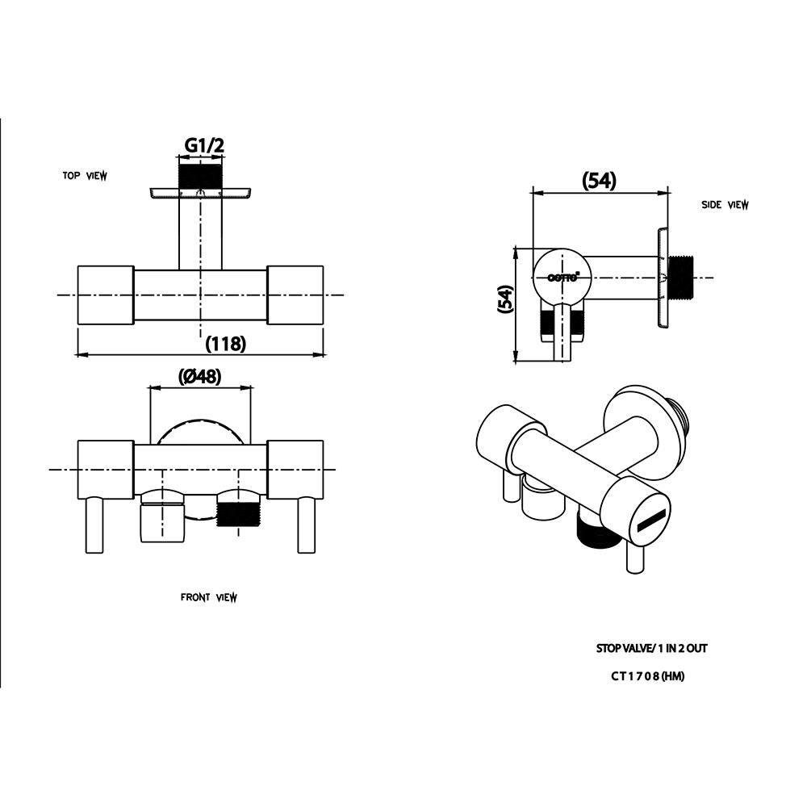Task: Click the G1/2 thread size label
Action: click(x=203, y=145)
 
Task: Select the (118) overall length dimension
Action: click(x=225, y=344)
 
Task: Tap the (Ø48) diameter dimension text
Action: click(x=199, y=377)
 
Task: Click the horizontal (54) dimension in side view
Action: click(x=599, y=182)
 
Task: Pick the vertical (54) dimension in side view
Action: click(x=504, y=299)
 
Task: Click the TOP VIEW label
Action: click(x=85, y=176)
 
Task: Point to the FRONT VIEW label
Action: click(x=208, y=598)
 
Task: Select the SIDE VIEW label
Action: click(x=725, y=205)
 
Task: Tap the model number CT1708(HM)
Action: click(x=647, y=677)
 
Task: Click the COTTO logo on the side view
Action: click(x=562, y=277)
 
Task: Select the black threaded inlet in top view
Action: click(x=199, y=177)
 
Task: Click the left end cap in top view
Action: click(x=105, y=295)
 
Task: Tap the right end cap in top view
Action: click(x=295, y=295)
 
